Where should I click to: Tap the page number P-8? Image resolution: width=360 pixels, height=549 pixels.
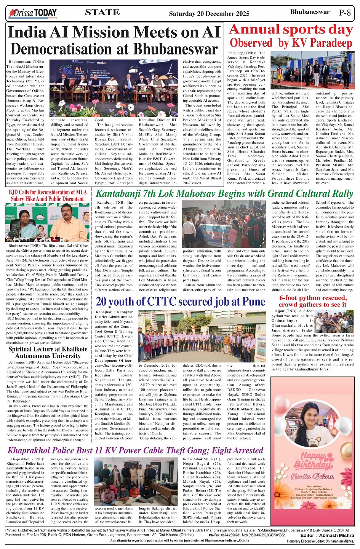pyautogui.click(x=345, y=13)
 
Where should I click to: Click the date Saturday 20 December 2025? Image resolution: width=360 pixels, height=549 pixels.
pyautogui.click(x=209, y=14)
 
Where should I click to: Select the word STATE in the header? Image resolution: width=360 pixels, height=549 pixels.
pyautogui.click(x=102, y=13)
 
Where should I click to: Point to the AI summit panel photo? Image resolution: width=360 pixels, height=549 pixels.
pyautogui.click(x=114, y=83)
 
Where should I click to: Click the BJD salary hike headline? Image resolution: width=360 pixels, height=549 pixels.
pyautogui.click(x=48, y=195)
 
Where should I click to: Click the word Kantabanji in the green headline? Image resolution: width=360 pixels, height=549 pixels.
pyautogui.click(x=116, y=194)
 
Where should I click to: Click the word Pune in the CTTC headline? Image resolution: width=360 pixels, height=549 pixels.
pyautogui.click(x=253, y=302)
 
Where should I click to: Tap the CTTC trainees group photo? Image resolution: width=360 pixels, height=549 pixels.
pyautogui.click(x=202, y=336)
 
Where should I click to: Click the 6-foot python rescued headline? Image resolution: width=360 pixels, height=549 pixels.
pyautogui.click(x=313, y=301)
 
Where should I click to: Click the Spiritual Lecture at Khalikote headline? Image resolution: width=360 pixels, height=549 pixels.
pyautogui.click(x=48, y=352)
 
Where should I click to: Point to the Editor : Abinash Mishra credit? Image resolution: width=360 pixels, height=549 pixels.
pyautogui.click(x=327, y=535)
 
